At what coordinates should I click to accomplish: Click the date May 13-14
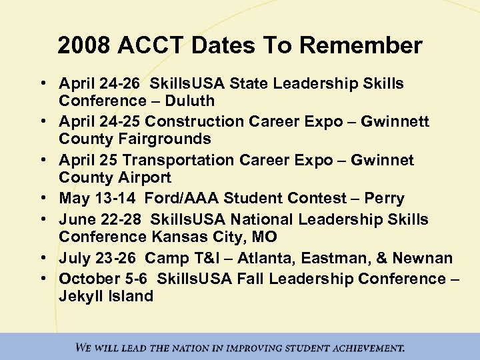coord(97,199)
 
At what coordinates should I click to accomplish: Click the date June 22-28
coord(101,219)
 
